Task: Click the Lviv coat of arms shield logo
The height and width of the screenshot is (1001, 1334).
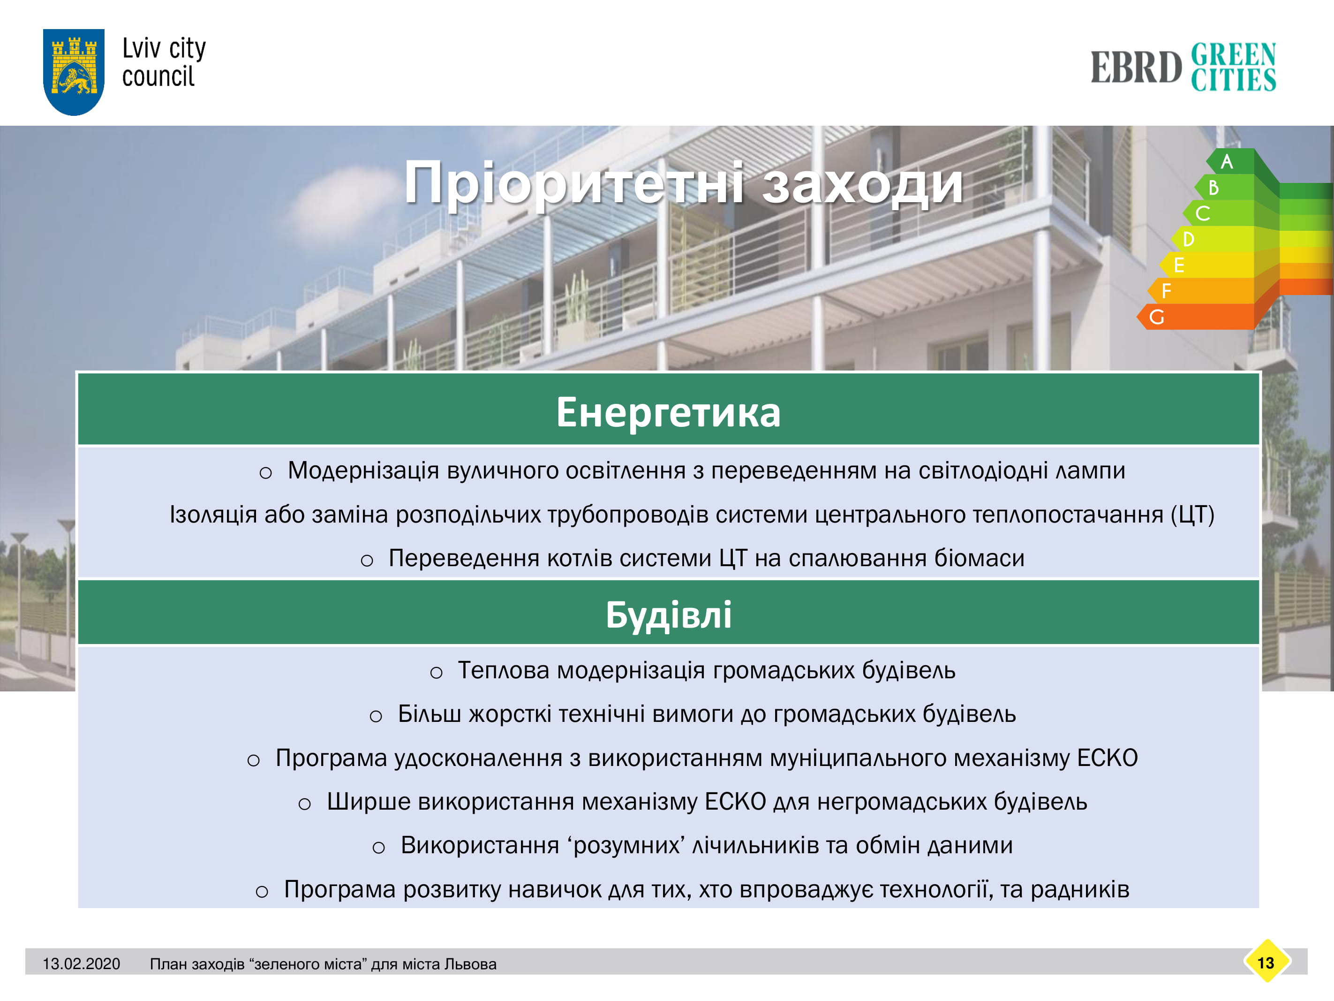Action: pyautogui.click(x=74, y=72)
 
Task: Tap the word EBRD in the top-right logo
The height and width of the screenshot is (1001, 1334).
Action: pyautogui.click(x=1136, y=67)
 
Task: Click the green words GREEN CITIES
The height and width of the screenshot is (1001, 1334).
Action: pyautogui.click(x=1233, y=66)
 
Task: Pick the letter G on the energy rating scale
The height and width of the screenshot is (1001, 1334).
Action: pyautogui.click(x=1157, y=317)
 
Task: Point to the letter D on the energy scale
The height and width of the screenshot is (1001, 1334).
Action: pyautogui.click(x=1189, y=239)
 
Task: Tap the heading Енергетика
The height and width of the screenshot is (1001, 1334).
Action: pyautogui.click(x=668, y=412)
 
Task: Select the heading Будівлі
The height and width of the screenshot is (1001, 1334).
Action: pyautogui.click(x=668, y=615)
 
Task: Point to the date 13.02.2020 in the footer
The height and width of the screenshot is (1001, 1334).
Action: pyautogui.click(x=82, y=963)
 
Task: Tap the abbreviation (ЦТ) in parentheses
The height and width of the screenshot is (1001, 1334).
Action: pyautogui.click(x=1192, y=514)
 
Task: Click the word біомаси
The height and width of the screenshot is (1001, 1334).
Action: pyautogui.click(x=980, y=558)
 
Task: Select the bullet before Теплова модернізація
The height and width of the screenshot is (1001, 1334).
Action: pyautogui.click(x=436, y=673)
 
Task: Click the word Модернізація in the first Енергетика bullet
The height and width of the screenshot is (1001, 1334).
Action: pyautogui.click(x=363, y=470)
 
